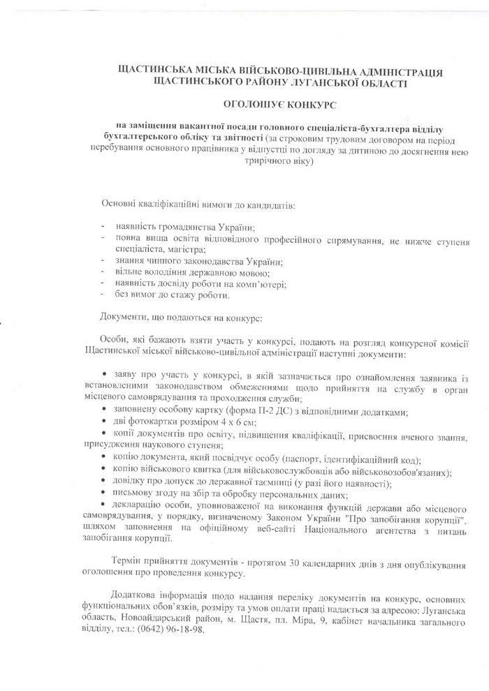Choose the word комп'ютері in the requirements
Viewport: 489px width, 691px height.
pos(262,284)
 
